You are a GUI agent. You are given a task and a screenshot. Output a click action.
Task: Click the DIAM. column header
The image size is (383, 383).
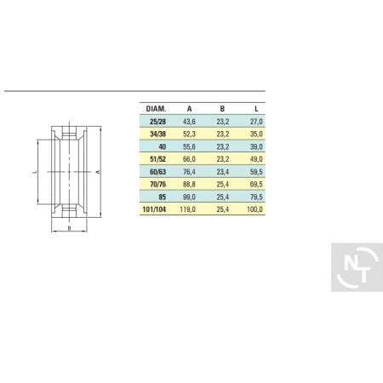click(x=156, y=109)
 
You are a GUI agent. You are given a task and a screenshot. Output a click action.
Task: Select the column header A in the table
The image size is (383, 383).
click(x=189, y=109)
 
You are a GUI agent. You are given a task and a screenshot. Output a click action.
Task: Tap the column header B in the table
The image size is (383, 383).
click(x=222, y=109)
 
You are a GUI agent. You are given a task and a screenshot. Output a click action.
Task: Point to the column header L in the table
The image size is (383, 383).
click(x=256, y=109)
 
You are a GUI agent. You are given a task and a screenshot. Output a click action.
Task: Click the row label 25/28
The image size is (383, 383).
click(x=158, y=122)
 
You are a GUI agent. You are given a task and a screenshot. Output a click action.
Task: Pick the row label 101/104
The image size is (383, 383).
click(x=154, y=209)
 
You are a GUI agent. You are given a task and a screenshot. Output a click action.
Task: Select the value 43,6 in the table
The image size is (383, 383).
click(x=189, y=122)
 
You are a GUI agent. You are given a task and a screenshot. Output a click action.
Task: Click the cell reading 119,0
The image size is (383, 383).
click(x=188, y=209)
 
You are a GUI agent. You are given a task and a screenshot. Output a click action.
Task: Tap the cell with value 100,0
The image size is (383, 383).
click(x=254, y=209)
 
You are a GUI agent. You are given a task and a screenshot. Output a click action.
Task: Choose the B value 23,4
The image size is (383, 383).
click(x=223, y=172)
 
